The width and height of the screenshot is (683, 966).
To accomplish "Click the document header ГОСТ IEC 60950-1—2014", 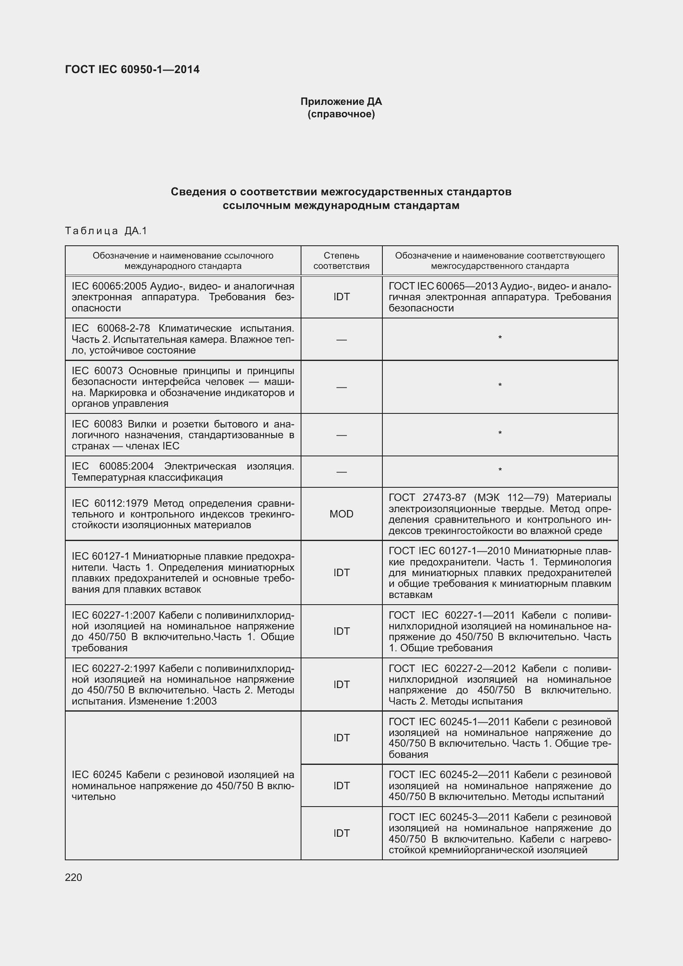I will pos(132,69).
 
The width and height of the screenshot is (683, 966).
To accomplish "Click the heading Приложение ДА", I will pos(341,102).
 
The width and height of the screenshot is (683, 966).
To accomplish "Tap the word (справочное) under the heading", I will pos(341,114).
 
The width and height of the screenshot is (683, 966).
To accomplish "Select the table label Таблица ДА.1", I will pos(106,230).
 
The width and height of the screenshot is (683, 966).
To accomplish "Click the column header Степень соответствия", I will pos(341,261).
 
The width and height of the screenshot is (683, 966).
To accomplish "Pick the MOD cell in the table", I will pos(341,514).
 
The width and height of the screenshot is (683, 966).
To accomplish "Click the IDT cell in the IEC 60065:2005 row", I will pos(341,297).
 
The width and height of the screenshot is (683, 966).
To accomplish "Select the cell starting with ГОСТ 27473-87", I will pos(500,514).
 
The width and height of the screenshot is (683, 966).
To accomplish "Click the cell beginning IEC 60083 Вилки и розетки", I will pos(183,434).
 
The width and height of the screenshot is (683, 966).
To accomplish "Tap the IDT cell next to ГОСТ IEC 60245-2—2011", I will pos(341,786).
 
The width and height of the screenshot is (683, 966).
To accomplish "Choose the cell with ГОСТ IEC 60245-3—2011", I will pos(500,833).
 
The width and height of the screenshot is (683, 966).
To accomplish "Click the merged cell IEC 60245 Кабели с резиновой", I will pos(183,786).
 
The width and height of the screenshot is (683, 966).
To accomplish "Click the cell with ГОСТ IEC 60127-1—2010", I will pos(500,572).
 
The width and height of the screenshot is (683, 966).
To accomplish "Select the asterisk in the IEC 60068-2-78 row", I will pos(500,338).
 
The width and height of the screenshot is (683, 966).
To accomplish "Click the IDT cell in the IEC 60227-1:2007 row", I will pos(341,631).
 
